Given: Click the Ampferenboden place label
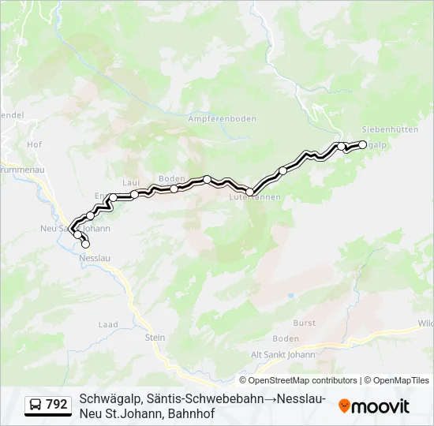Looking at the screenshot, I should click(223, 119).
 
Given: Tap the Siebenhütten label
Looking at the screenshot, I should click(389, 129).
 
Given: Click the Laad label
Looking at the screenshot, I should click(107, 324).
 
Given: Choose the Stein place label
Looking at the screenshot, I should click(155, 338).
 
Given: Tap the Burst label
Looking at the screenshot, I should click(304, 323).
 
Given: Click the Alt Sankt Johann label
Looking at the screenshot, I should click(282, 354).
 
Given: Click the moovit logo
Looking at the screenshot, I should click(374, 406).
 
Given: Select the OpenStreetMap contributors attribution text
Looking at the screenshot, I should click(303, 380).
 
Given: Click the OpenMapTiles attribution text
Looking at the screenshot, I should click(401, 380).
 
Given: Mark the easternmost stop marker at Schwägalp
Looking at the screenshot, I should click(363, 144).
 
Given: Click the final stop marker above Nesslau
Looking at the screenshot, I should click(85, 245).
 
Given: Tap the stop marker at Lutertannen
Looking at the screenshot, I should click(250, 192).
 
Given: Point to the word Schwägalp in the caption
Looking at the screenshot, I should click(110, 399).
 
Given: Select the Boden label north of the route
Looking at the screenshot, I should click(171, 179).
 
